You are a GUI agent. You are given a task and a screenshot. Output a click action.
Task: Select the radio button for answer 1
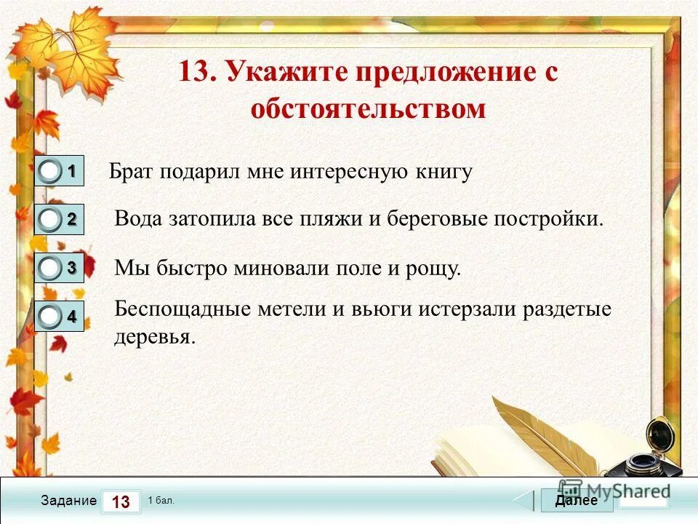[x=50, y=172]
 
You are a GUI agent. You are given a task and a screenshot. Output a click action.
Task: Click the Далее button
[x=576, y=501]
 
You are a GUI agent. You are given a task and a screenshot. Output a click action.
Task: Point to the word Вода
[x=140, y=219]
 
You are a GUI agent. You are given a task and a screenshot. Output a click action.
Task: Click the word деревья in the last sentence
[x=154, y=338]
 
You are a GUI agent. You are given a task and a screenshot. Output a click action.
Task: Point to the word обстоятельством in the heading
[x=367, y=109]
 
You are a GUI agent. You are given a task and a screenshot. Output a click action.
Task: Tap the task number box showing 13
[x=121, y=501]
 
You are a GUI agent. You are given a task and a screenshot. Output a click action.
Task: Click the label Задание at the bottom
[x=68, y=501]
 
